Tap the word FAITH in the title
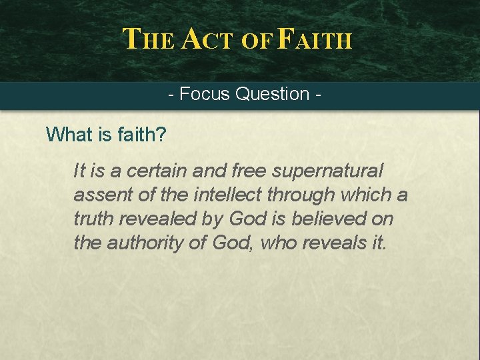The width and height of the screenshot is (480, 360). [313, 39]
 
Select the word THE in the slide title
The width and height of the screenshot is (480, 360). [149, 39]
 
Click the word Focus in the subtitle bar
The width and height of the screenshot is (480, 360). [205, 94]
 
